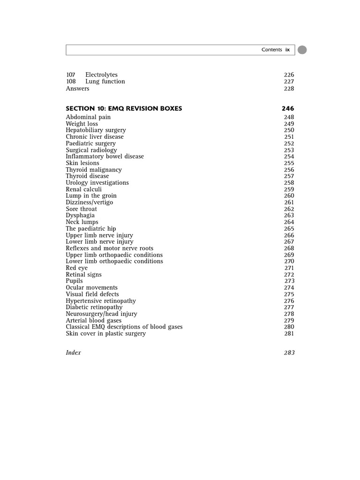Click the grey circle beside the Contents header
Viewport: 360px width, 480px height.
coord(302,50)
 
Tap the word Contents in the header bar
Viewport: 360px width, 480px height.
coord(272,50)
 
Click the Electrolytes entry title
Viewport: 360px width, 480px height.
coord(101,75)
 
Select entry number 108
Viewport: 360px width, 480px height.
coord(71,82)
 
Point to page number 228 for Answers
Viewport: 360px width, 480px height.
coord(289,89)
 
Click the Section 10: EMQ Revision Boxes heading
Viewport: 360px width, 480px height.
coord(124,109)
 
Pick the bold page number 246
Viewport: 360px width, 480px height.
coord(288,109)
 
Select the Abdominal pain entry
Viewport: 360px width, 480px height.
coord(88,117)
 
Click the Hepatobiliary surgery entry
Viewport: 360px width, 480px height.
coord(96,130)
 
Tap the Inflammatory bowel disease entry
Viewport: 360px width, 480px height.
coord(105,157)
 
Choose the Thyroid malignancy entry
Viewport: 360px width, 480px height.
coord(94,170)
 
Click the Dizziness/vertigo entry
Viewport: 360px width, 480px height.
coord(89,202)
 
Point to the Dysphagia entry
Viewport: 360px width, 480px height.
coord(80,216)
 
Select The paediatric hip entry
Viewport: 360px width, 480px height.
coord(91,229)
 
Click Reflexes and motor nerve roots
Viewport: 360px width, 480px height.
coord(109,248)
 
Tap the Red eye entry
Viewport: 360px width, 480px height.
coord(76,268)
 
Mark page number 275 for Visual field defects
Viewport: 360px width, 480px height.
coord(289,294)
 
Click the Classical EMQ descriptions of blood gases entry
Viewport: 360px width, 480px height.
coord(124,327)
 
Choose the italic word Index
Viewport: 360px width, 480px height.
coord(73,353)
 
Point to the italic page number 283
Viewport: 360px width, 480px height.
coord(289,353)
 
